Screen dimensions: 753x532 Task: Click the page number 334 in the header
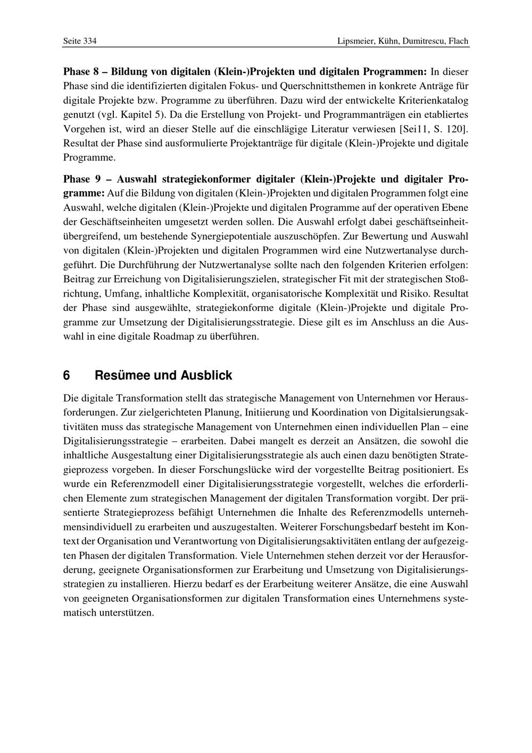(x=89, y=41)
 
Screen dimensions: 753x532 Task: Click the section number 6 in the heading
(x=66, y=375)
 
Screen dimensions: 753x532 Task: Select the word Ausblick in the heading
(x=206, y=375)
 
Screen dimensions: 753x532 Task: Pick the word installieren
(x=140, y=584)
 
